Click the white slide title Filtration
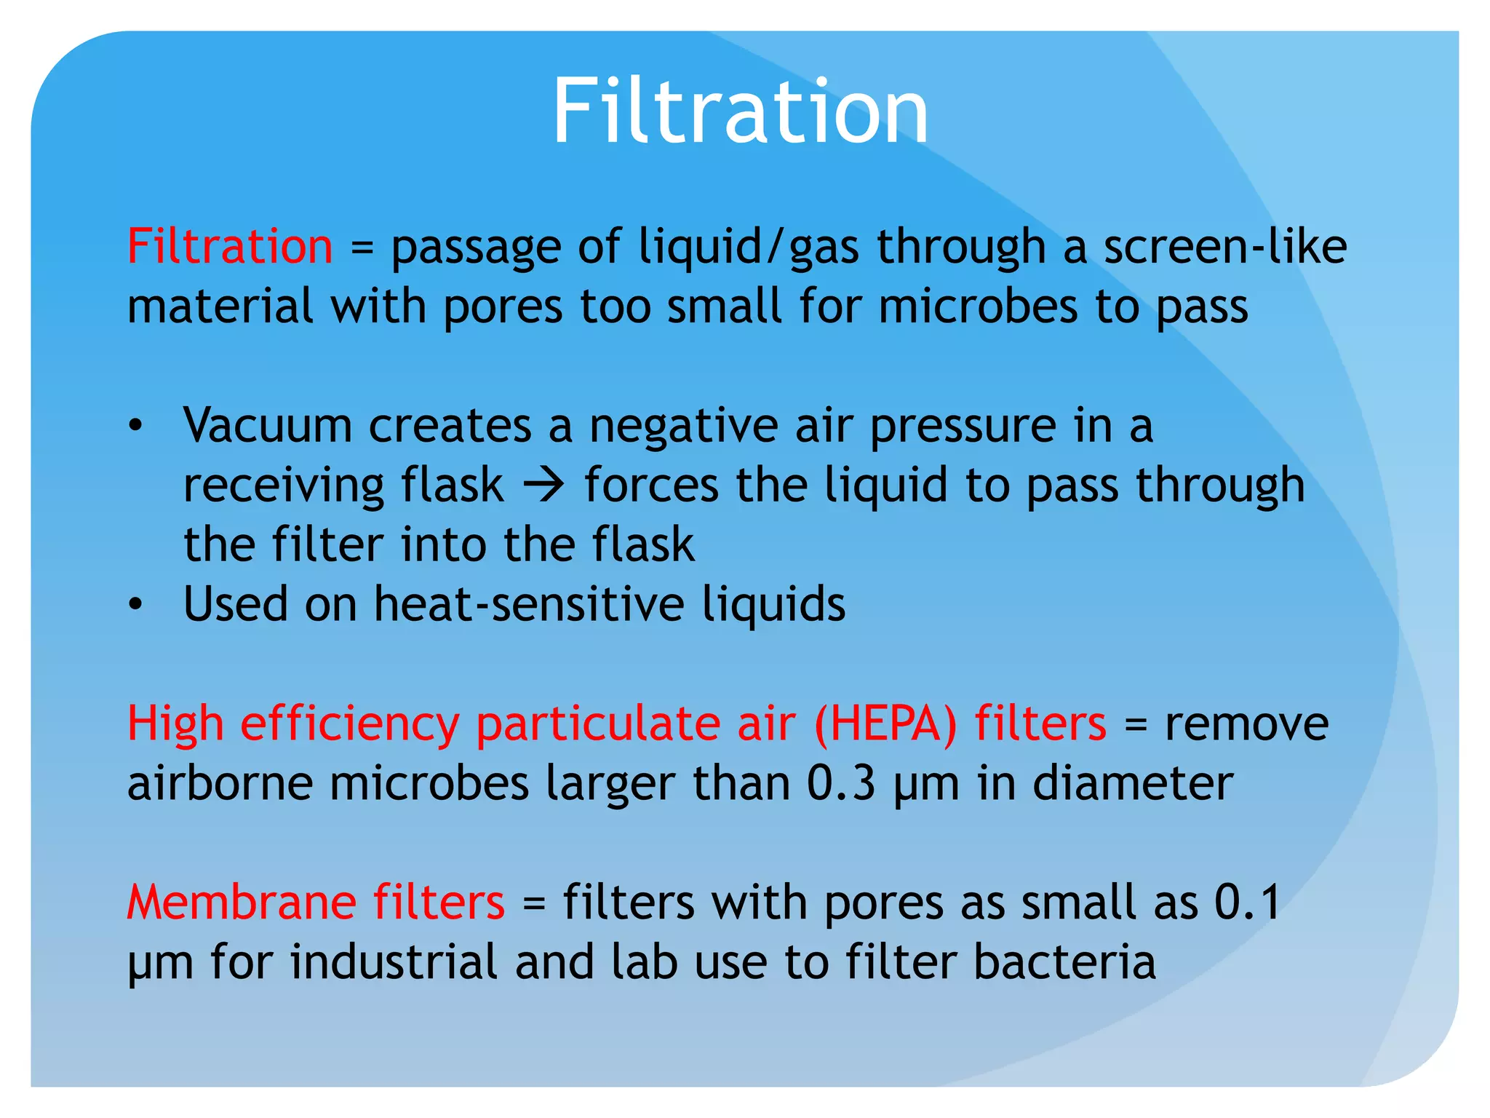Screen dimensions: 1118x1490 click(x=740, y=113)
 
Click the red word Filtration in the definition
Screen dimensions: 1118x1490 click(x=230, y=246)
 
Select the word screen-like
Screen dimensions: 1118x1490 click(x=1225, y=246)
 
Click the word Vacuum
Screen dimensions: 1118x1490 click(x=267, y=425)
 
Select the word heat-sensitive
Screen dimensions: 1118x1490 click(x=529, y=604)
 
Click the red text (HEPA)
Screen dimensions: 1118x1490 click(x=885, y=724)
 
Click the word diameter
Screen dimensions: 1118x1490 click(x=1133, y=784)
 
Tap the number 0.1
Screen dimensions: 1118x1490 click(x=1246, y=903)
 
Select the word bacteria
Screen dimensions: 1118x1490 click(x=1064, y=962)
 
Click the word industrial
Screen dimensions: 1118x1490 click(x=394, y=962)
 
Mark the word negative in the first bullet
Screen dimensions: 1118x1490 click(x=683, y=427)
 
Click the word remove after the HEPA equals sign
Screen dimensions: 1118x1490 click(x=1246, y=724)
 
